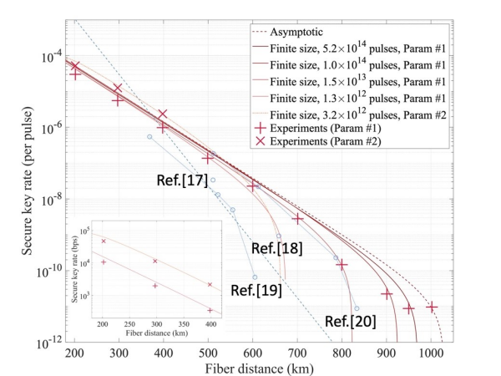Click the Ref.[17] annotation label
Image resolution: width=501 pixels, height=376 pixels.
coord(181,180)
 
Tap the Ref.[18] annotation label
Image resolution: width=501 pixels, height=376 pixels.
coord(276,248)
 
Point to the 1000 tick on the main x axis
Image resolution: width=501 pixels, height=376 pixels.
coord(431,353)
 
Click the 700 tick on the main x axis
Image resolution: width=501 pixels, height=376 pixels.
coord(297,353)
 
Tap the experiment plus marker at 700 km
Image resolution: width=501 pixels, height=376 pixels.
coord(297,219)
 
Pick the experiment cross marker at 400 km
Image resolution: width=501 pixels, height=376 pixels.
coord(164,114)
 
